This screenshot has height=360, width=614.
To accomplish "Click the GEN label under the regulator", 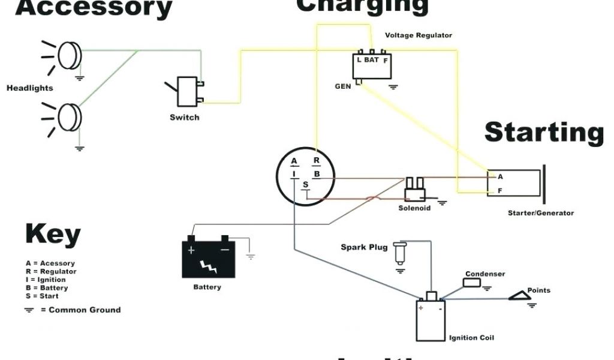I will pos(343,86).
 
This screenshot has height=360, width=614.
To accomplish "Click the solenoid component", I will pos(415,191).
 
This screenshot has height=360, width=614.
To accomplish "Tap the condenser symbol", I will pos(473,283).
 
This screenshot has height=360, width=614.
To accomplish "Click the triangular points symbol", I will pos(518,295).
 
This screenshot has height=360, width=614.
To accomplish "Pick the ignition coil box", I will pos(431,319).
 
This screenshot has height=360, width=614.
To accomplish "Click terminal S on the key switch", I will pos(305,184).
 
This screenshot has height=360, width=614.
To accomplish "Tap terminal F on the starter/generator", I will pos(499,191).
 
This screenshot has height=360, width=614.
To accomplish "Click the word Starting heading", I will pos(544,132).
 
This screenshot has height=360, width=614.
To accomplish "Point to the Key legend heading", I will pos(53,234).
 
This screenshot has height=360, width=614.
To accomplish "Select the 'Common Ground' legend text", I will pos(85,310).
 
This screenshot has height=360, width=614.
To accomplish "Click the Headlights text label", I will pos(30,88).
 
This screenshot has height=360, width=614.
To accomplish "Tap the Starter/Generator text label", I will pos(540,213).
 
